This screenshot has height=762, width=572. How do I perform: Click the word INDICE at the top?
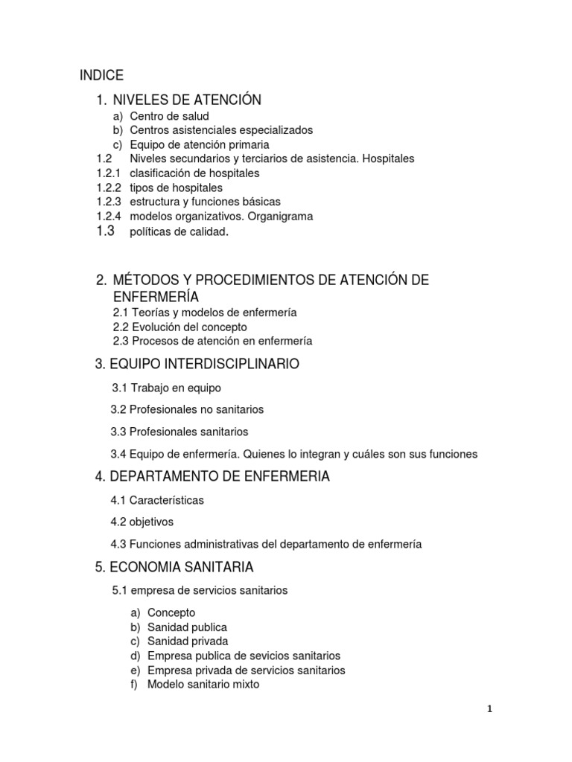click(101, 75)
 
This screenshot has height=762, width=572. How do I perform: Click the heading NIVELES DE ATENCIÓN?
click(187, 100)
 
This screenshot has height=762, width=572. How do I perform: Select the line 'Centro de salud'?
click(169, 116)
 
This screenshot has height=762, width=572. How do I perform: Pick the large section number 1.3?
click(106, 231)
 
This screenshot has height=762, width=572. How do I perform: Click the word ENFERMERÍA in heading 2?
click(156, 297)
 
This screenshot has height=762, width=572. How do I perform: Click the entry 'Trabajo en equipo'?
click(176, 388)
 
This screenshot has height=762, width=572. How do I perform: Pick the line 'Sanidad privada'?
click(188, 641)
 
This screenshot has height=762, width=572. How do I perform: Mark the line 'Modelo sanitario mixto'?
click(203, 685)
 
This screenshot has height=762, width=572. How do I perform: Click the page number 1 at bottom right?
click(489, 709)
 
